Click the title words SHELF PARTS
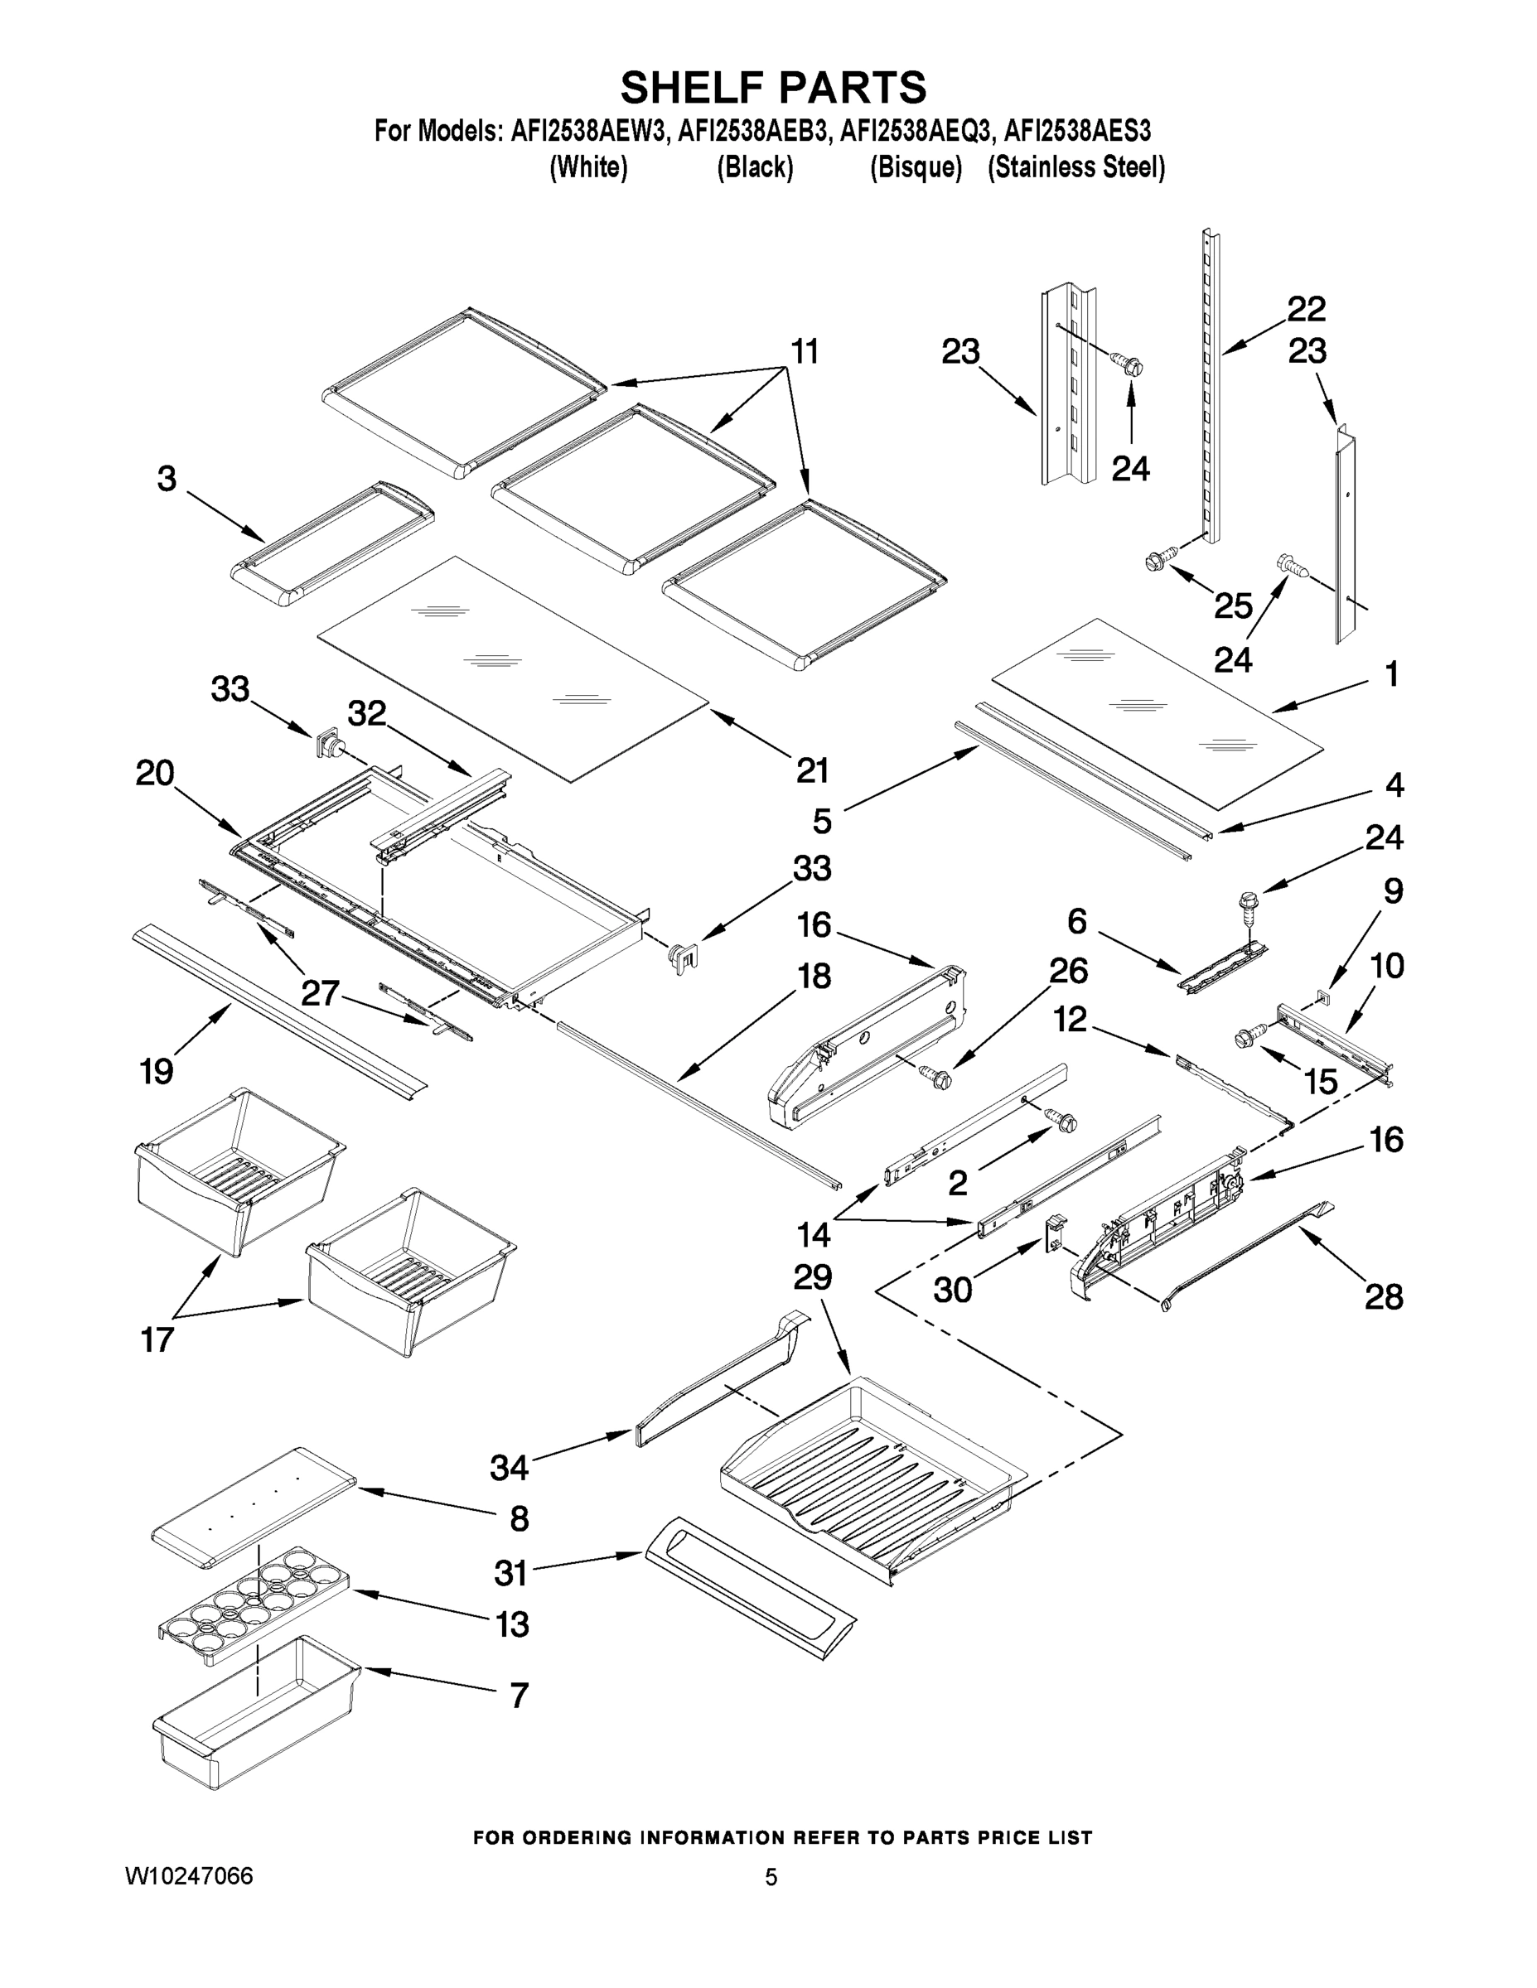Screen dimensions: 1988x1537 click(x=772, y=89)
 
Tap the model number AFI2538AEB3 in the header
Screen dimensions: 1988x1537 click(x=753, y=131)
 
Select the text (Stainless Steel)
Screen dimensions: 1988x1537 click(x=1075, y=167)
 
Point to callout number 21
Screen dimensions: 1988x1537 click(x=812, y=770)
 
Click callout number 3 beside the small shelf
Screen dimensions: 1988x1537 click(x=167, y=479)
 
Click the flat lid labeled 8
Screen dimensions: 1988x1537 click(x=254, y=1507)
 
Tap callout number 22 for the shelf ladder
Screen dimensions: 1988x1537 click(x=1306, y=310)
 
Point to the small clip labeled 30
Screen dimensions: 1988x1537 click(x=1053, y=1233)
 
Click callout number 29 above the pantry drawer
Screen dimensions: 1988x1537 click(x=812, y=1278)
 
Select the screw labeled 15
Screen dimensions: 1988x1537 click(x=1249, y=1038)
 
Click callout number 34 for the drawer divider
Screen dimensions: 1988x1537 click(x=509, y=1467)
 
